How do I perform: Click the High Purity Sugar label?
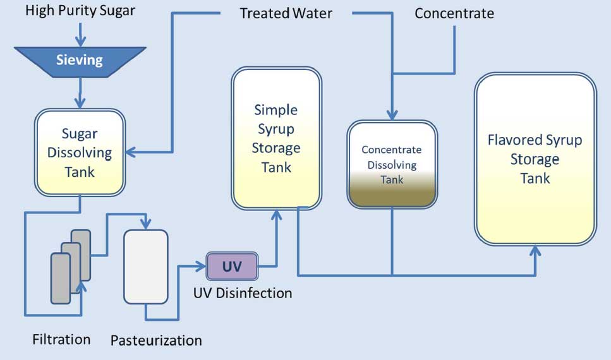coord(80,11)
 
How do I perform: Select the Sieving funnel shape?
coord(80,61)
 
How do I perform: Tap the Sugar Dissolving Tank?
coord(80,152)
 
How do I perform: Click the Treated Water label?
coord(286,13)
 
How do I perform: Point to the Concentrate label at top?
coord(454,13)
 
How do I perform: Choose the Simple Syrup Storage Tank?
coord(276,138)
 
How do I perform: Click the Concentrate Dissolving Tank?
coord(392,164)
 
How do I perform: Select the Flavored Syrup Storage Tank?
coord(535,159)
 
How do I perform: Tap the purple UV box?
coord(232,266)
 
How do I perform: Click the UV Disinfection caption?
coord(243,293)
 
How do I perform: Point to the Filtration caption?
coord(61,339)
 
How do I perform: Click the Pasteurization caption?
coord(156,340)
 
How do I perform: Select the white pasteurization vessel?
coord(146,267)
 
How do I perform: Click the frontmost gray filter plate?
coord(61,278)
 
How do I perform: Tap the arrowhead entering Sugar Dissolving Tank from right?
coord(130,152)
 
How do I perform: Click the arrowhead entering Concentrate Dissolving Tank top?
coord(392,116)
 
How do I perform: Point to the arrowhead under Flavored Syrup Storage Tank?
coord(535,249)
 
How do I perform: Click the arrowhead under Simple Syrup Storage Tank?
coord(276,215)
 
